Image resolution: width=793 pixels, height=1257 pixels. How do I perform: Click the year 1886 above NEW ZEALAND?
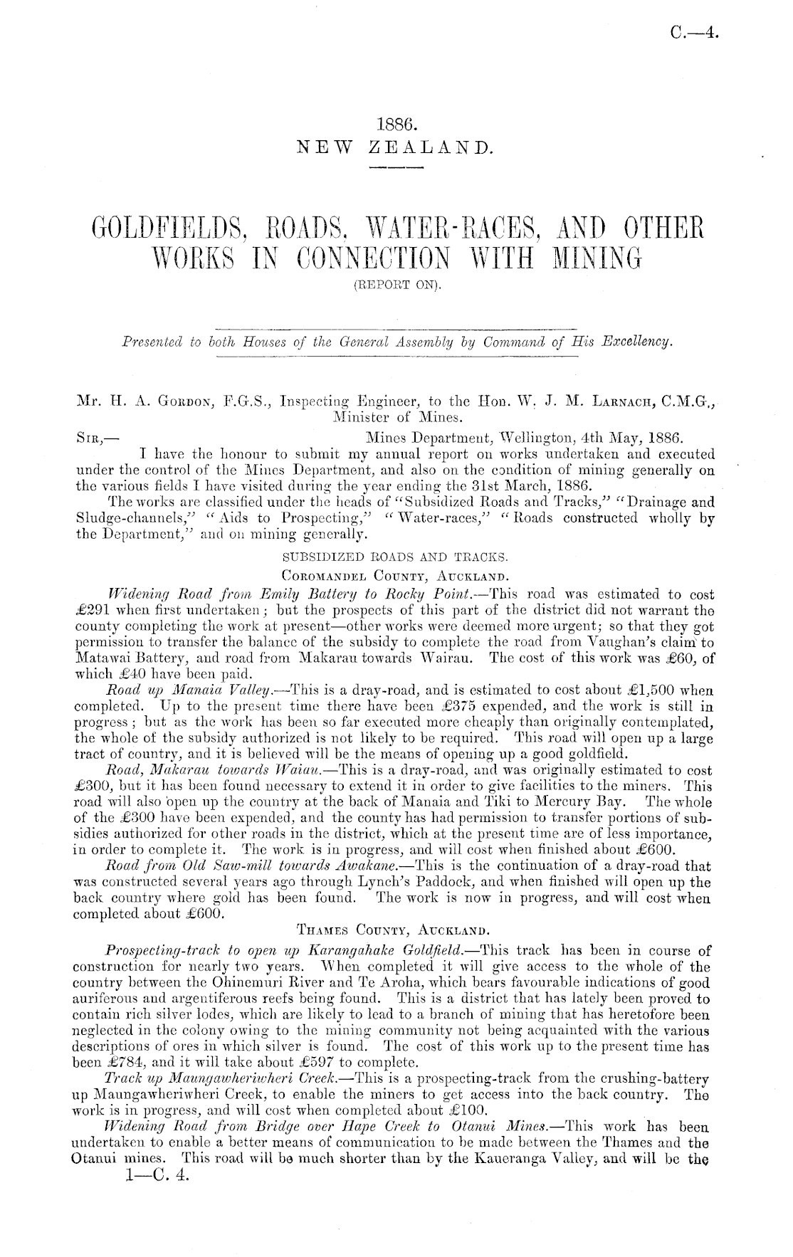(x=395, y=125)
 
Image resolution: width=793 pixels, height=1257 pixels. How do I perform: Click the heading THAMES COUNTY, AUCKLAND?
(x=396, y=929)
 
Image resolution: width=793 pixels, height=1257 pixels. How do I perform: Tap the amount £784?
(x=95, y=1063)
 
